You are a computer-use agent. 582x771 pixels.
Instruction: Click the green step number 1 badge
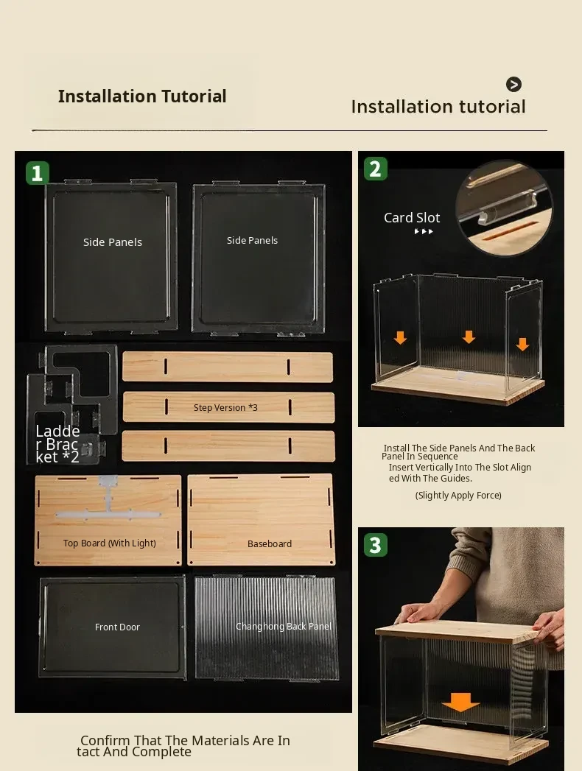tap(38, 173)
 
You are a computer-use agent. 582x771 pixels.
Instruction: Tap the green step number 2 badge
tap(376, 169)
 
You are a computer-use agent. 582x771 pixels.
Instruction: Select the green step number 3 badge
tap(376, 545)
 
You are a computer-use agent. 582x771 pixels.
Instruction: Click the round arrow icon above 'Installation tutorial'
tap(513, 85)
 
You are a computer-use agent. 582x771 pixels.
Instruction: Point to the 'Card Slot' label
tap(412, 217)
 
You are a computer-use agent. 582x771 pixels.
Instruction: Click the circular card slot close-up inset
tap(504, 208)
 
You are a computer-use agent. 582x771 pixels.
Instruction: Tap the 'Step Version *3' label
tap(225, 408)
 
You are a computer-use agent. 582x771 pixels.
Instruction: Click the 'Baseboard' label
tap(270, 544)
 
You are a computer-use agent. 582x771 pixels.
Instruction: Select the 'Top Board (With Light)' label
tap(109, 543)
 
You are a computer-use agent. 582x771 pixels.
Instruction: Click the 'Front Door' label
tap(117, 627)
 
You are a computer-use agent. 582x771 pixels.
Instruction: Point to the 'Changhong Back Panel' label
tap(284, 626)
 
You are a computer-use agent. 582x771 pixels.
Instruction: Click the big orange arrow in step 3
tap(460, 703)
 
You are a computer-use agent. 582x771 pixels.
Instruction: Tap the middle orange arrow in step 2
tap(469, 337)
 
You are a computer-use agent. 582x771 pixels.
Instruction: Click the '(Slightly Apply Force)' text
tap(458, 495)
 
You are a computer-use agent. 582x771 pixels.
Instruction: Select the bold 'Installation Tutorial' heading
tap(142, 96)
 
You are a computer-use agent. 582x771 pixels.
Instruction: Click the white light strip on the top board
tap(108, 507)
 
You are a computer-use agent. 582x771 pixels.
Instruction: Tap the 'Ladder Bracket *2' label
tap(57, 444)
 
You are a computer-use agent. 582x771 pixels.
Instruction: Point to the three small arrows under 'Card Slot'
tap(424, 232)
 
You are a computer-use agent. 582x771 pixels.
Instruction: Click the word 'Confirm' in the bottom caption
tap(105, 740)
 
